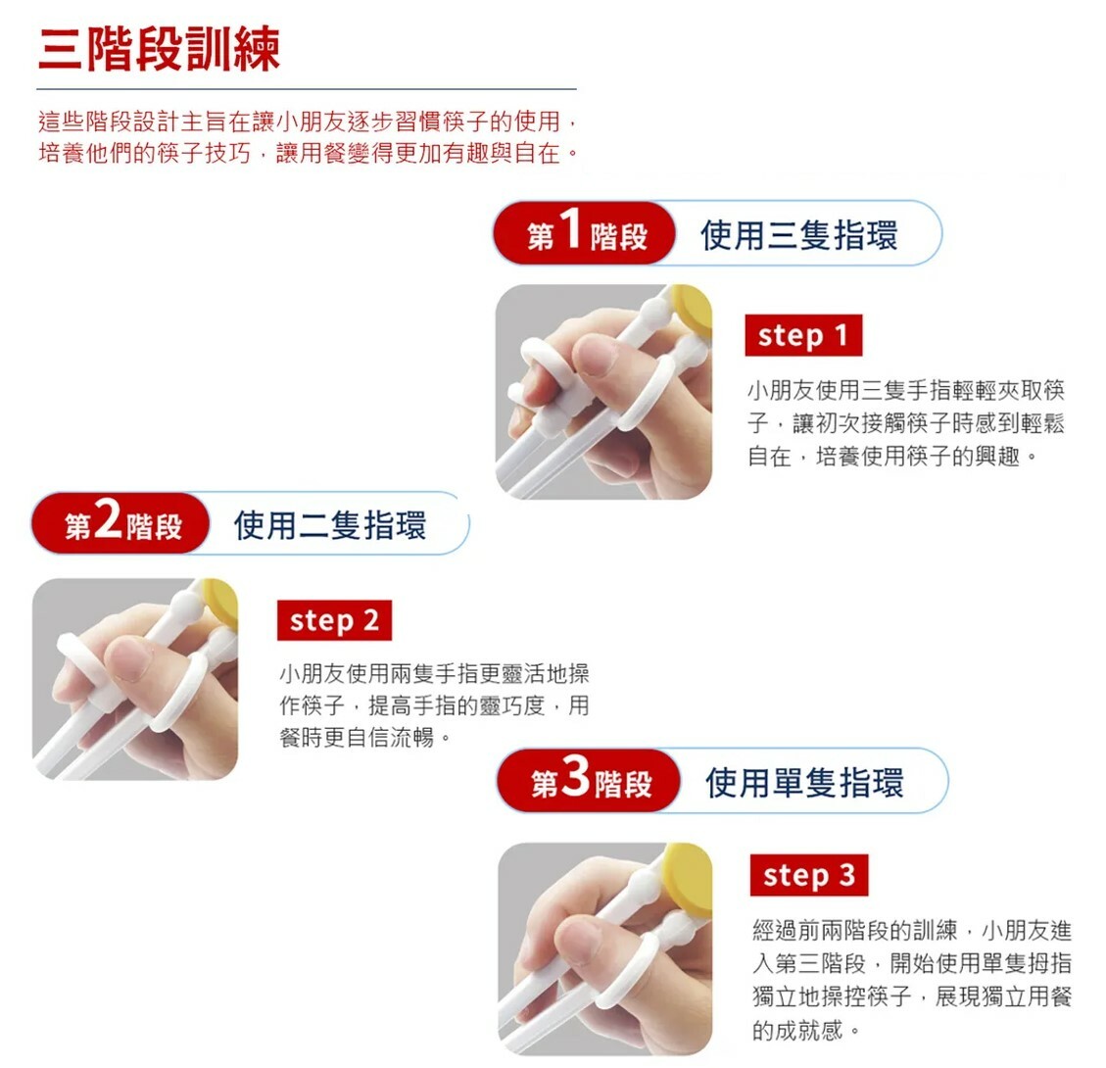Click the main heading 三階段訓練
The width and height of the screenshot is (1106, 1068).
[159, 49]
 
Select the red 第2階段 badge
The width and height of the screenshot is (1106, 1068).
[121, 524]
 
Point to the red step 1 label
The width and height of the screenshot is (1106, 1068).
[802, 336]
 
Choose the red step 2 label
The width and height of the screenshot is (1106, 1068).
[334, 621]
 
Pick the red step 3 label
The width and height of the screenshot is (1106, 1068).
[808, 875]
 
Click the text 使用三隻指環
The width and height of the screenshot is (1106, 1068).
[798, 235]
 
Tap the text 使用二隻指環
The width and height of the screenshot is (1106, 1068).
[330, 525]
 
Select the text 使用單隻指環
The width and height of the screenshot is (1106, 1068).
[804, 782]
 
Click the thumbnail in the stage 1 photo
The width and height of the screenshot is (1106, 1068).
[595, 355]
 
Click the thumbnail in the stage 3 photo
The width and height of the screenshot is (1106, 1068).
[578, 932]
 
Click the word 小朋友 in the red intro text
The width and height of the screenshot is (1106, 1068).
[308, 122]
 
